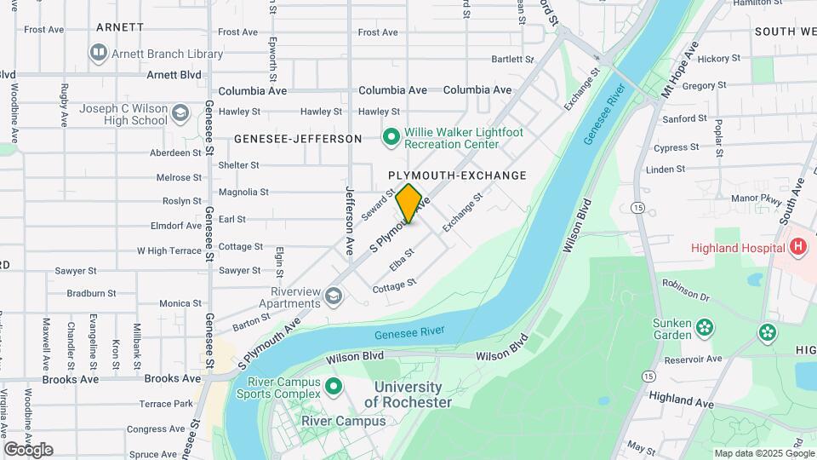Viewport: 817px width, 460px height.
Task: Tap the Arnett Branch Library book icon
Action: (x=99, y=54)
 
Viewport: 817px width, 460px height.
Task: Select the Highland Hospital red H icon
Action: (x=797, y=248)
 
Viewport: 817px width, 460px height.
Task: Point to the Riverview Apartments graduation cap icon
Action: (x=334, y=296)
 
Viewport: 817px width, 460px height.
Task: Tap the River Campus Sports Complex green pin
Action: (x=334, y=387)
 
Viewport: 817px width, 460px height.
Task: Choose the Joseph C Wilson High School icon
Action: (x=180, y=113)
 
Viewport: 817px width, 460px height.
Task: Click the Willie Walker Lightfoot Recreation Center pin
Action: (x=391, y=137)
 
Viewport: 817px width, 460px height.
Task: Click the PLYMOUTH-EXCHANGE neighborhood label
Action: (x=457, y=175)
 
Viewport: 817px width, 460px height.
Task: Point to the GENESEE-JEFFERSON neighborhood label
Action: (x=298, y=139)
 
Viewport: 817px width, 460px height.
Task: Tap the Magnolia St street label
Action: (x=243, y=193)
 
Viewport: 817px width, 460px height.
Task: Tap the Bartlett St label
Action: (x=512, y=60)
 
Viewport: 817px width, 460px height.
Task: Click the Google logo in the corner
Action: (x=28, y=450)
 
